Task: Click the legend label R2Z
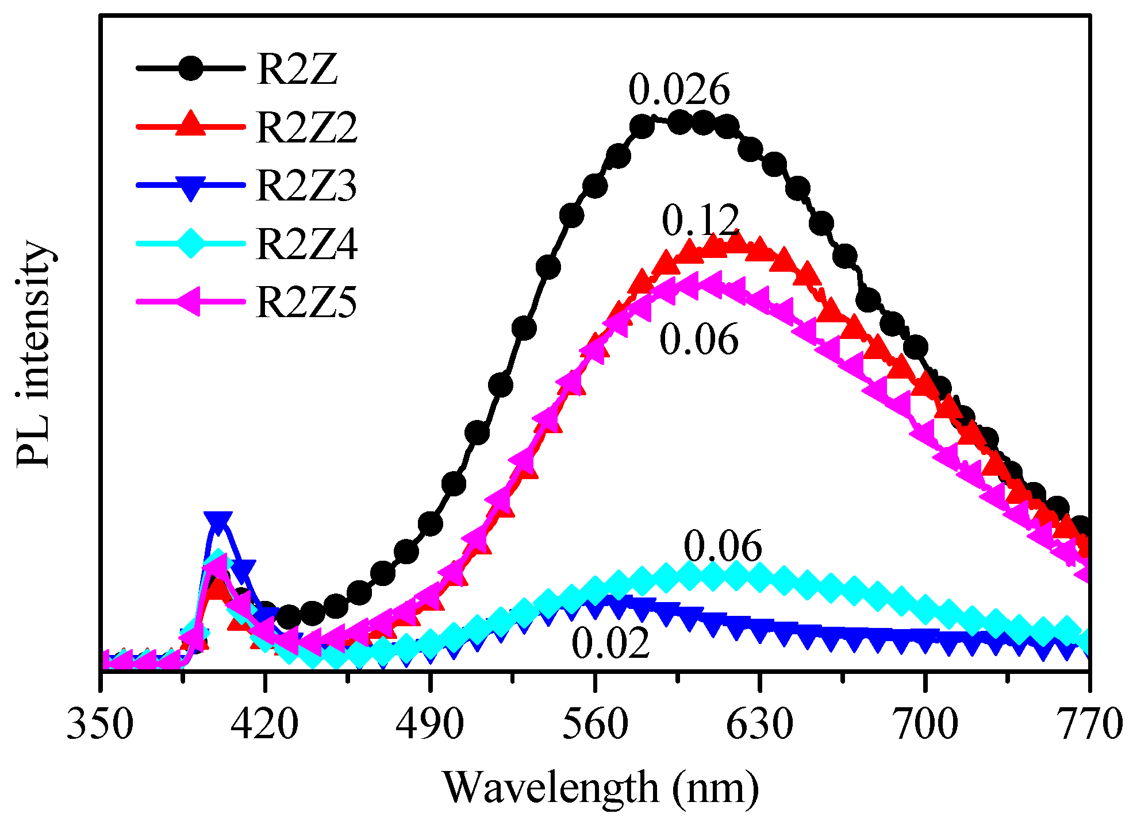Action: pos(297,70)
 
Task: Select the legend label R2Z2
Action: pos(306,128)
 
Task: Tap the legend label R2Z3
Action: pos(306,186)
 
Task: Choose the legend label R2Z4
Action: pos(306,244)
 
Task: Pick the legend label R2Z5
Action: pos(306,302)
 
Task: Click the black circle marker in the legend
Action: pos(190,68)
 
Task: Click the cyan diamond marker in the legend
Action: pos(190,244)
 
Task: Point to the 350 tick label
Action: pos(101,723)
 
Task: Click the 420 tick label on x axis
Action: pos(265,723)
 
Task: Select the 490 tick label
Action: pos(430,723)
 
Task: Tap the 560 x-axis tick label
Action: pos(595,723)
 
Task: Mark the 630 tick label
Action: pos(759,723)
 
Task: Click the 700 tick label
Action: pos(925,723)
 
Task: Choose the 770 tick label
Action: pos(1089,723)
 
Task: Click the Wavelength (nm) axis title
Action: pos(600,788)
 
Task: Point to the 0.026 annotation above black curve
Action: pos(679,90)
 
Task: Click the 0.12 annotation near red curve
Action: pos(700,221)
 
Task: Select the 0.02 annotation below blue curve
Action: pos(610,643)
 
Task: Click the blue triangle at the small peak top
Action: pos(218,522)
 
